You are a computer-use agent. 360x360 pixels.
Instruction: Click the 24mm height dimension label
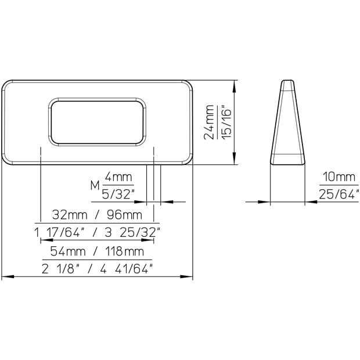[208, 122]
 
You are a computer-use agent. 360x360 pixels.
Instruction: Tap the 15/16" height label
[226, 122]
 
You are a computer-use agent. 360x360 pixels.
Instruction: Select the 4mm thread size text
[118, 177]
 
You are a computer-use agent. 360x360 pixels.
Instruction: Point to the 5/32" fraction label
[118, 195]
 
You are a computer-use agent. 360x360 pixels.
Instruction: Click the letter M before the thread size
[95, 185]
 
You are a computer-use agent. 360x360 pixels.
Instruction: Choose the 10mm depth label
[339, 177]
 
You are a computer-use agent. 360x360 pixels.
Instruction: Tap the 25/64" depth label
[339, 195]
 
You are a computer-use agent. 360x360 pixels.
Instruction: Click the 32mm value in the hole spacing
[70, 215]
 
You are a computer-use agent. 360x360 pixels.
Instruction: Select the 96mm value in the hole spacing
[124, 215]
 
